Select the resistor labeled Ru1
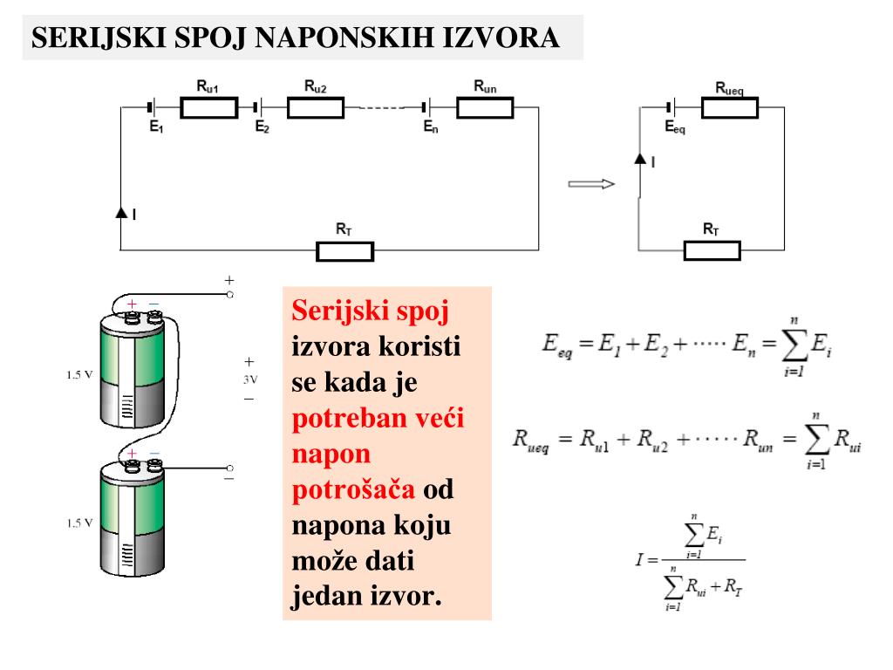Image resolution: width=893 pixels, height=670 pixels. (x=208, y=107)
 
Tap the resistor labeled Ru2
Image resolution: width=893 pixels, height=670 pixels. (x=316, y=107)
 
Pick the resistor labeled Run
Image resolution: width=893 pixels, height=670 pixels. (x=485, y=107)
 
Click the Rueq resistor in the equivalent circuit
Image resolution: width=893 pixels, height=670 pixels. (x=730, y=107)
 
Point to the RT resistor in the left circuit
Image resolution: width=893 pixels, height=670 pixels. (x=344, y=251)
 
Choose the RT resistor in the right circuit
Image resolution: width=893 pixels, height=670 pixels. (x=712, y=251)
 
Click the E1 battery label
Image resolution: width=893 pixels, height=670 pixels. (x=156, y=126)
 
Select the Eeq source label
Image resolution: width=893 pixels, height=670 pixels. (x=675, y=127)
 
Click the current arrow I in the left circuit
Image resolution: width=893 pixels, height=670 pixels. (x=121, y=213)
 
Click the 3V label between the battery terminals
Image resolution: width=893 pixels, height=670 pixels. (x=249, y=379)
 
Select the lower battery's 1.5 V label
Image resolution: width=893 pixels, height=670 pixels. (x=79, y=523)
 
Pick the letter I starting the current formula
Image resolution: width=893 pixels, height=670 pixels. (x=639, y=558)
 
